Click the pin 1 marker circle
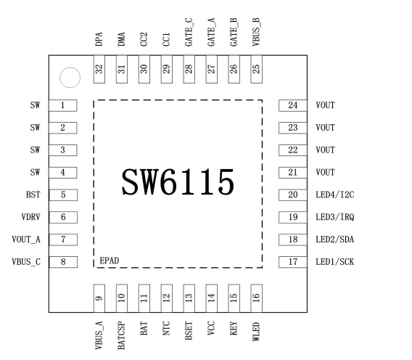pyautogui.click(x=69, y=76)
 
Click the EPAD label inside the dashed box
pyautogui.click(x=110, y=259)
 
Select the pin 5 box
pyautogui.click(x=63, y=195)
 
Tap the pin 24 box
pyautogui.click(x=293, y=105)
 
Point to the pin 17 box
pyautogui.click(x=293, y=261)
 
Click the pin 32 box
pyautogui.click(x=100, y=70)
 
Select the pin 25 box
pyautogui.click(x=256, y=70)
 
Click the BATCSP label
pyautogui.click(x=122, y=330)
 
